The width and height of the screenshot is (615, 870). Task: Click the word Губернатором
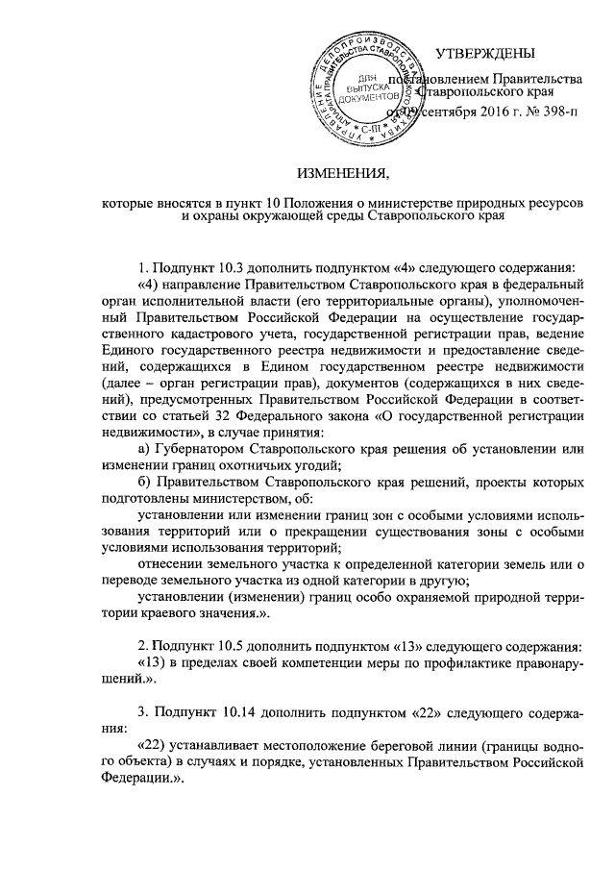pos(201,448)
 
